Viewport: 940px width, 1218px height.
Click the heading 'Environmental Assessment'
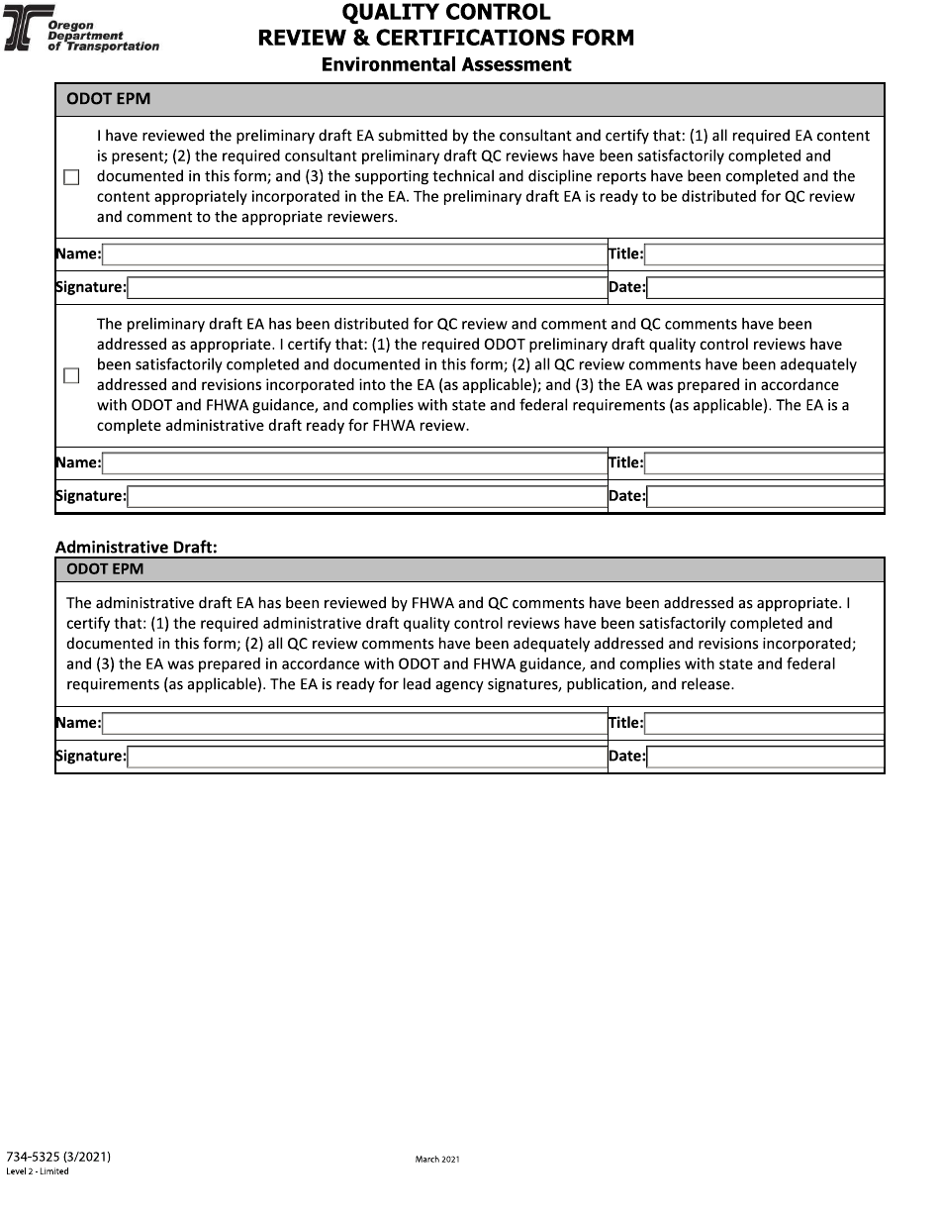446,64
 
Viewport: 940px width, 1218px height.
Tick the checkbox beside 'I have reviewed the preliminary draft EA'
71,177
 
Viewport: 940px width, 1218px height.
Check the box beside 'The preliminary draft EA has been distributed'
71,375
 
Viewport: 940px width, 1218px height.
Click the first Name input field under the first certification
354,254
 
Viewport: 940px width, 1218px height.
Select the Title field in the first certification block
764,254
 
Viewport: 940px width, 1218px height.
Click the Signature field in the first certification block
367,288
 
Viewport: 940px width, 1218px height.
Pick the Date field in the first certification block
765,288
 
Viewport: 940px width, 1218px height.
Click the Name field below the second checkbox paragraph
354,462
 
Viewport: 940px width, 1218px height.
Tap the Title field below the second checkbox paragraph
764,462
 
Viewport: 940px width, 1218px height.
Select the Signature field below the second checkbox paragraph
367,496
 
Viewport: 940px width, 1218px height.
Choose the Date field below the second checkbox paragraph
765,496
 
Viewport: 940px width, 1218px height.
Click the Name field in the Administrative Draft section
354,723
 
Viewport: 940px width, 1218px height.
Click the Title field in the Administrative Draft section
764,723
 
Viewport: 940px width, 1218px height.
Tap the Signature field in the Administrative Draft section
367,757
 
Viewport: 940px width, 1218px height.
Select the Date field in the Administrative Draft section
765,757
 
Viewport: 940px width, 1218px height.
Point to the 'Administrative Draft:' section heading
136,547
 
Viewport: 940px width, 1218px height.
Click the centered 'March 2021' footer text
437,1159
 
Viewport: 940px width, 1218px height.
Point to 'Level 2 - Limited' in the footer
38,1171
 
